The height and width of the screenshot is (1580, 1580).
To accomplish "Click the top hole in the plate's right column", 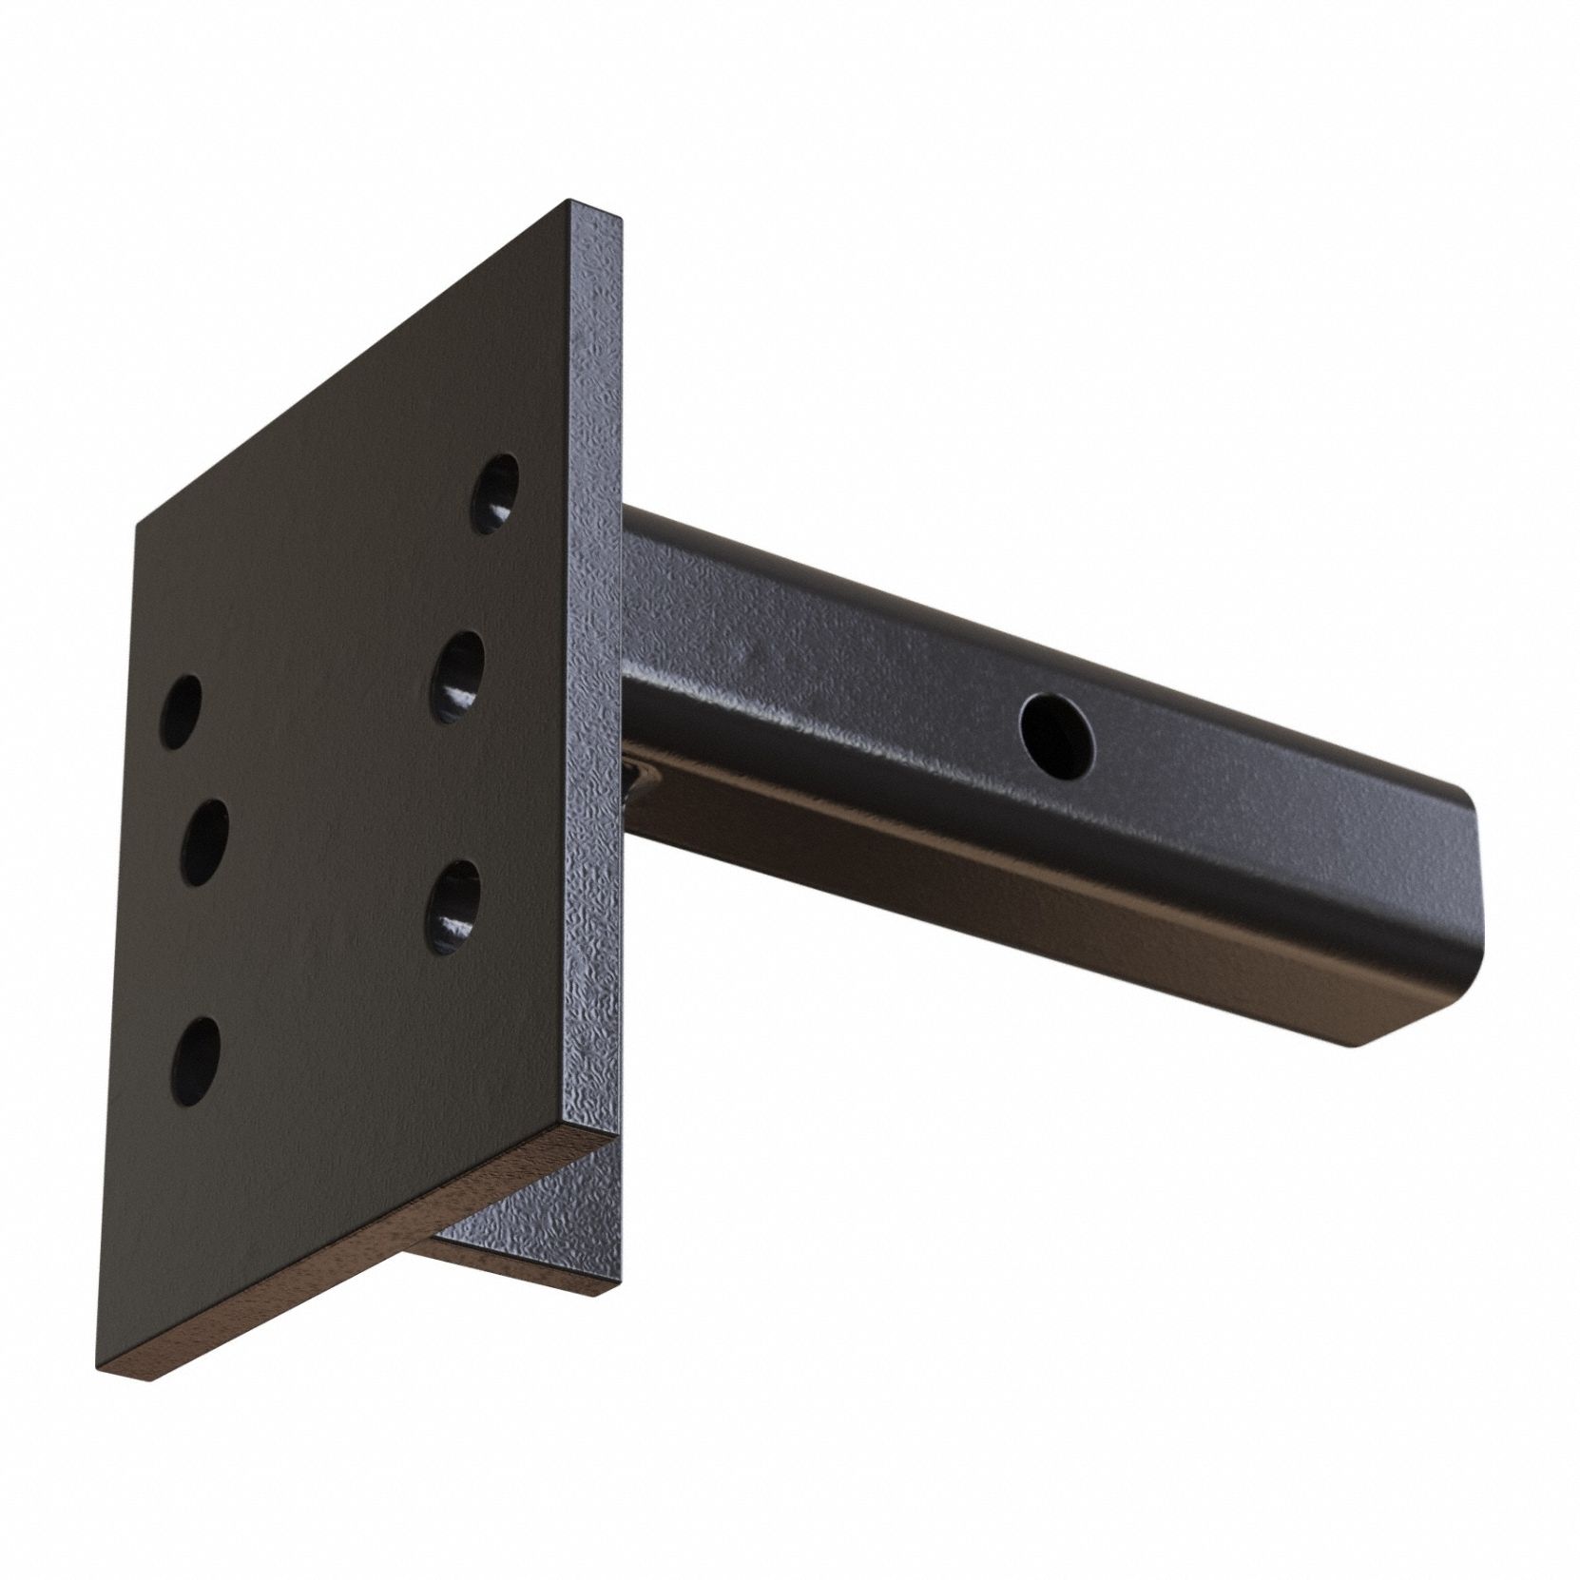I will (x=496, y=493).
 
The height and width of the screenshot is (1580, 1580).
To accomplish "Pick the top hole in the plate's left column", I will (x=183, y=712).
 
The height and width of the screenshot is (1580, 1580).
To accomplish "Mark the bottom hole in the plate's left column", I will (x=196, y=1061).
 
